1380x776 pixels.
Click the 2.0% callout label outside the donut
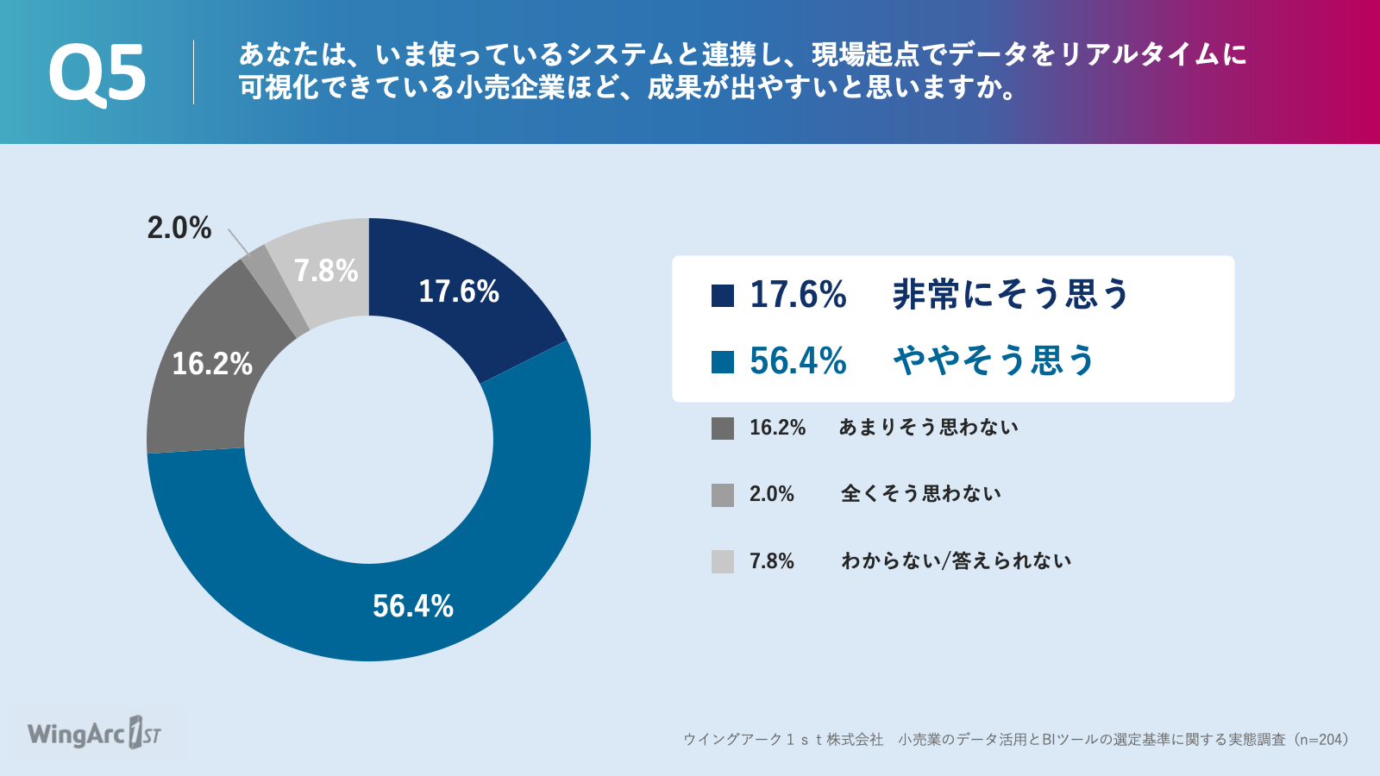coord(179,228)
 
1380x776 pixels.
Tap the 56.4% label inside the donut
coord(413,606)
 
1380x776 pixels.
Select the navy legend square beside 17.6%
coord(723,295)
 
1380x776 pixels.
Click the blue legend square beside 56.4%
coord(723,362)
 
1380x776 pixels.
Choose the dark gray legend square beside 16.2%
coord(723,429)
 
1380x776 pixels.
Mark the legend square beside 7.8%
coord(723,561)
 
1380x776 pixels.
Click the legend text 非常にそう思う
coord(1010,294)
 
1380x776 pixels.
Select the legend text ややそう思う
coord(994,360)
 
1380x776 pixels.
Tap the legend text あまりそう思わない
coord(928,427)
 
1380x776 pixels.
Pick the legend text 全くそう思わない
coord(920,493)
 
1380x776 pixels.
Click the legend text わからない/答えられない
coord(957,560)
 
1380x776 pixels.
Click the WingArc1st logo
coord(94,734)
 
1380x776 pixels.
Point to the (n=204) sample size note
coord(1322,739)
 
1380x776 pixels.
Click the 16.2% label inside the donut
coord(212,363)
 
